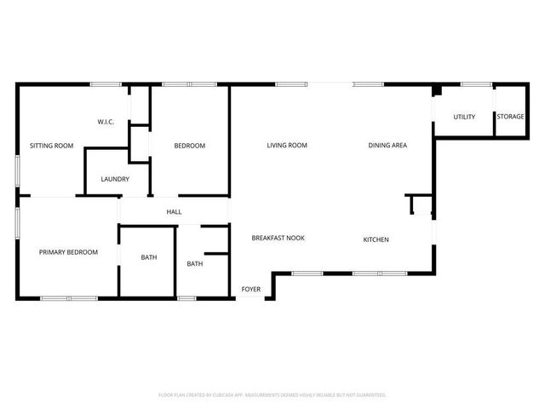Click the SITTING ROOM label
coord(52,146)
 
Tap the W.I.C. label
coord(106,122)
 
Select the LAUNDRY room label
coord(115,179)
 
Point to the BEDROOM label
coord(189,146)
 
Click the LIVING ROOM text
coord(286,146)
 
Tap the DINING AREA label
coord(387,146)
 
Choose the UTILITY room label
coord(463,117)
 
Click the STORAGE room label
coord(510,117)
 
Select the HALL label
coord(174,212)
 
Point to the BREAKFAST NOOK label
coord(278,239)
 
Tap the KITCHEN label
coord(376,239)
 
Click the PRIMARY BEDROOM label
coord(68,252)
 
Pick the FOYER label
coord(251,290)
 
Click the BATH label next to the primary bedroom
coord(148,257)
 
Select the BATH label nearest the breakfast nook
coord(195,264)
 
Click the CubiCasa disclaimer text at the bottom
coord(272,395)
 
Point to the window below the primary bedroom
coord(69,297)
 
